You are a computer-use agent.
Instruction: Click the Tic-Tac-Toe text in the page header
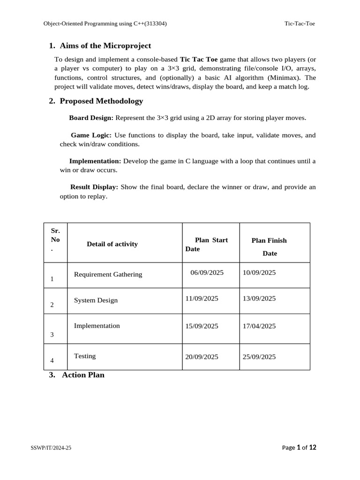pyautogui.click(x=300, y=23)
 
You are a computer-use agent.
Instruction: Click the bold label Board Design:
pyautogui.click(x=91, y=118)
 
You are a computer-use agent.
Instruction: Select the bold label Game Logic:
pyautogui.click(x=91, y=135)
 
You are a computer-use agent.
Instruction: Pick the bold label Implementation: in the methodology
pyautogui.click(x=95, y=161)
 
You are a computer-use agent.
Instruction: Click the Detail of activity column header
pyautogui.click(x=112, y=244)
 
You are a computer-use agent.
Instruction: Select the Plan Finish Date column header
pyautogui.click(x=269, y=247)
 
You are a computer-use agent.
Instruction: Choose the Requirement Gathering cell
pyautogui.click(x=108, y=274)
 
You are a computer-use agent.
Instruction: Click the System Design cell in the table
pyautogui.click(x=96, y=300)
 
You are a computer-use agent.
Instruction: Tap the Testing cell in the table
pyautogui.click(x=85, y=356)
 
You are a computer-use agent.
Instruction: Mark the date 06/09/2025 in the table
pyautogui.click(x=207, y=272)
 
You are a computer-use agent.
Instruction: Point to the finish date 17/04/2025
pyautogui.click(x=259, y=326)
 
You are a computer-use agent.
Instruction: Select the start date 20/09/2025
pyautogui.click(x=202, y=357)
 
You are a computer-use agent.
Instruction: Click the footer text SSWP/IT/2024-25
pyautogui.click(x=51, y=448)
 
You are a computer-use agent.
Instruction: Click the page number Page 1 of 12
pyautogui.click(x=299, y=448)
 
